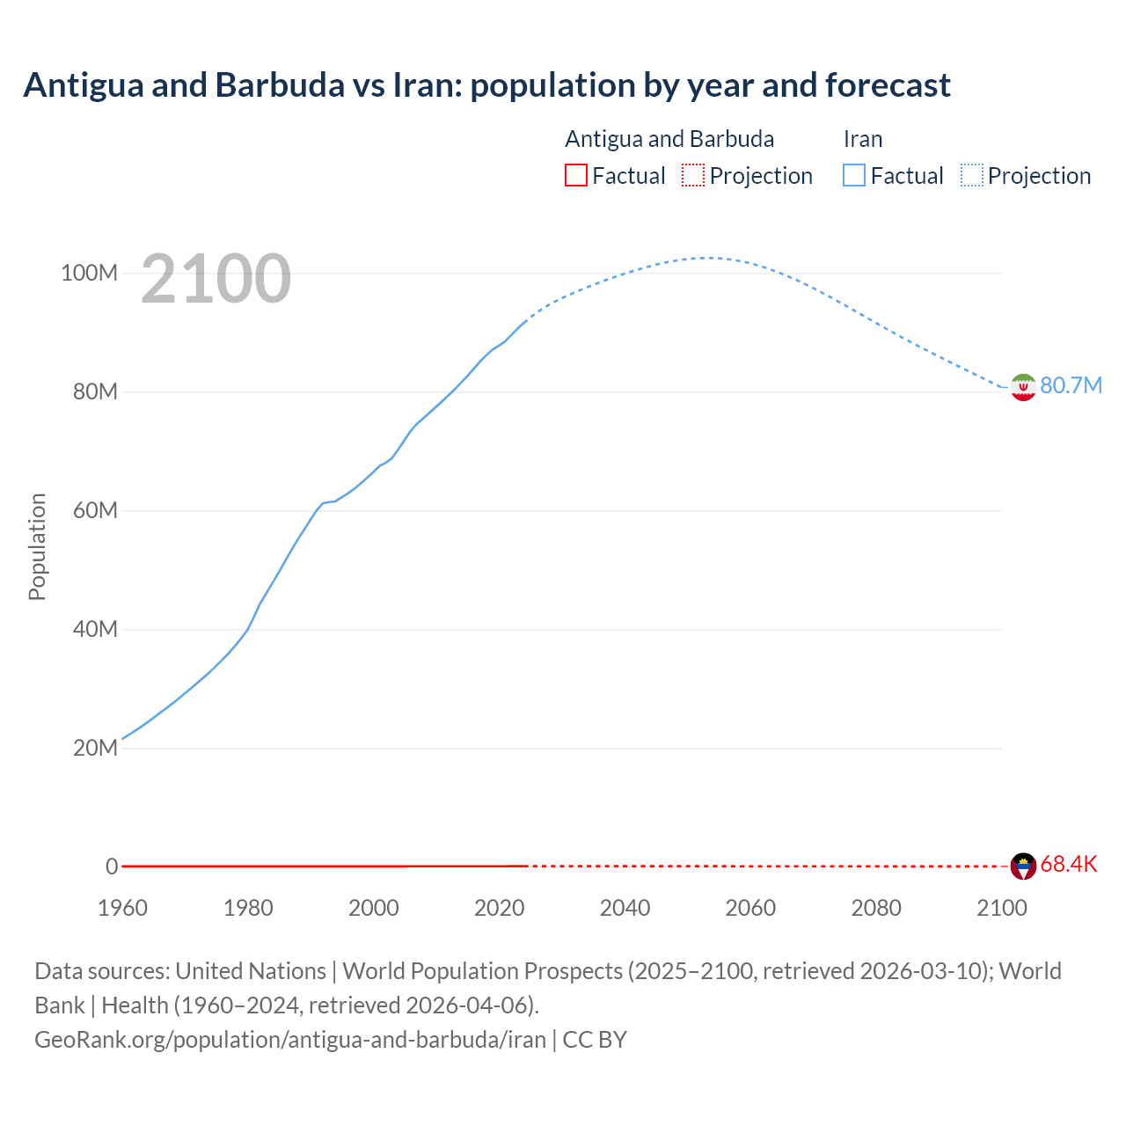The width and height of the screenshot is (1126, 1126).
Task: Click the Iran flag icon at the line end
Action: tap(1023, 387)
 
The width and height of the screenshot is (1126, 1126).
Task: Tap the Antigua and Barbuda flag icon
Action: tap(1023, 866)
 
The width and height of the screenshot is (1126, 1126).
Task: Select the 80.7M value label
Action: tap(1071, 386)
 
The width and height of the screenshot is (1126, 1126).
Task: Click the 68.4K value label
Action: tap(1069, 865)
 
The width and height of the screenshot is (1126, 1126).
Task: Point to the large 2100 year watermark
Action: tap(216, 279)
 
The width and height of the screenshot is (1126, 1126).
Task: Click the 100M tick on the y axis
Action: tap(89, 274)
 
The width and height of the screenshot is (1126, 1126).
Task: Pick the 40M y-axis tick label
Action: tap(95, 630)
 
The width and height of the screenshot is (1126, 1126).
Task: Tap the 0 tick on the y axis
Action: tap(112, 867)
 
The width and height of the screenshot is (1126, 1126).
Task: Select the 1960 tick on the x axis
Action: tap(122, 908)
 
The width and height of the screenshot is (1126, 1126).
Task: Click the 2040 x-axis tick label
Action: tap(625, 908)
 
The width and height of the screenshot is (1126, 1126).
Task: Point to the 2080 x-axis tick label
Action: tap(876, 908)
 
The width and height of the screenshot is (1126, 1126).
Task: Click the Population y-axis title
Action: tap(37, 546)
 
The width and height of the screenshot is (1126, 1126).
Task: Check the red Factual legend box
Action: tap(576, 176)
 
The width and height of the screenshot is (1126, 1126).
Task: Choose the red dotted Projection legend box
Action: tap(693, 176)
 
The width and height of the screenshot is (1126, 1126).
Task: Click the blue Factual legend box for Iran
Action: tap(854, 176)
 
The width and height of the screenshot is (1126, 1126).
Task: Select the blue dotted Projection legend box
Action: tap(972, 176)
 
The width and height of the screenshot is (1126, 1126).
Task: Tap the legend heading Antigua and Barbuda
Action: tap(669, 139)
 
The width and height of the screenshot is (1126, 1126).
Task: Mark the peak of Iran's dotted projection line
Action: tap(706, 258)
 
